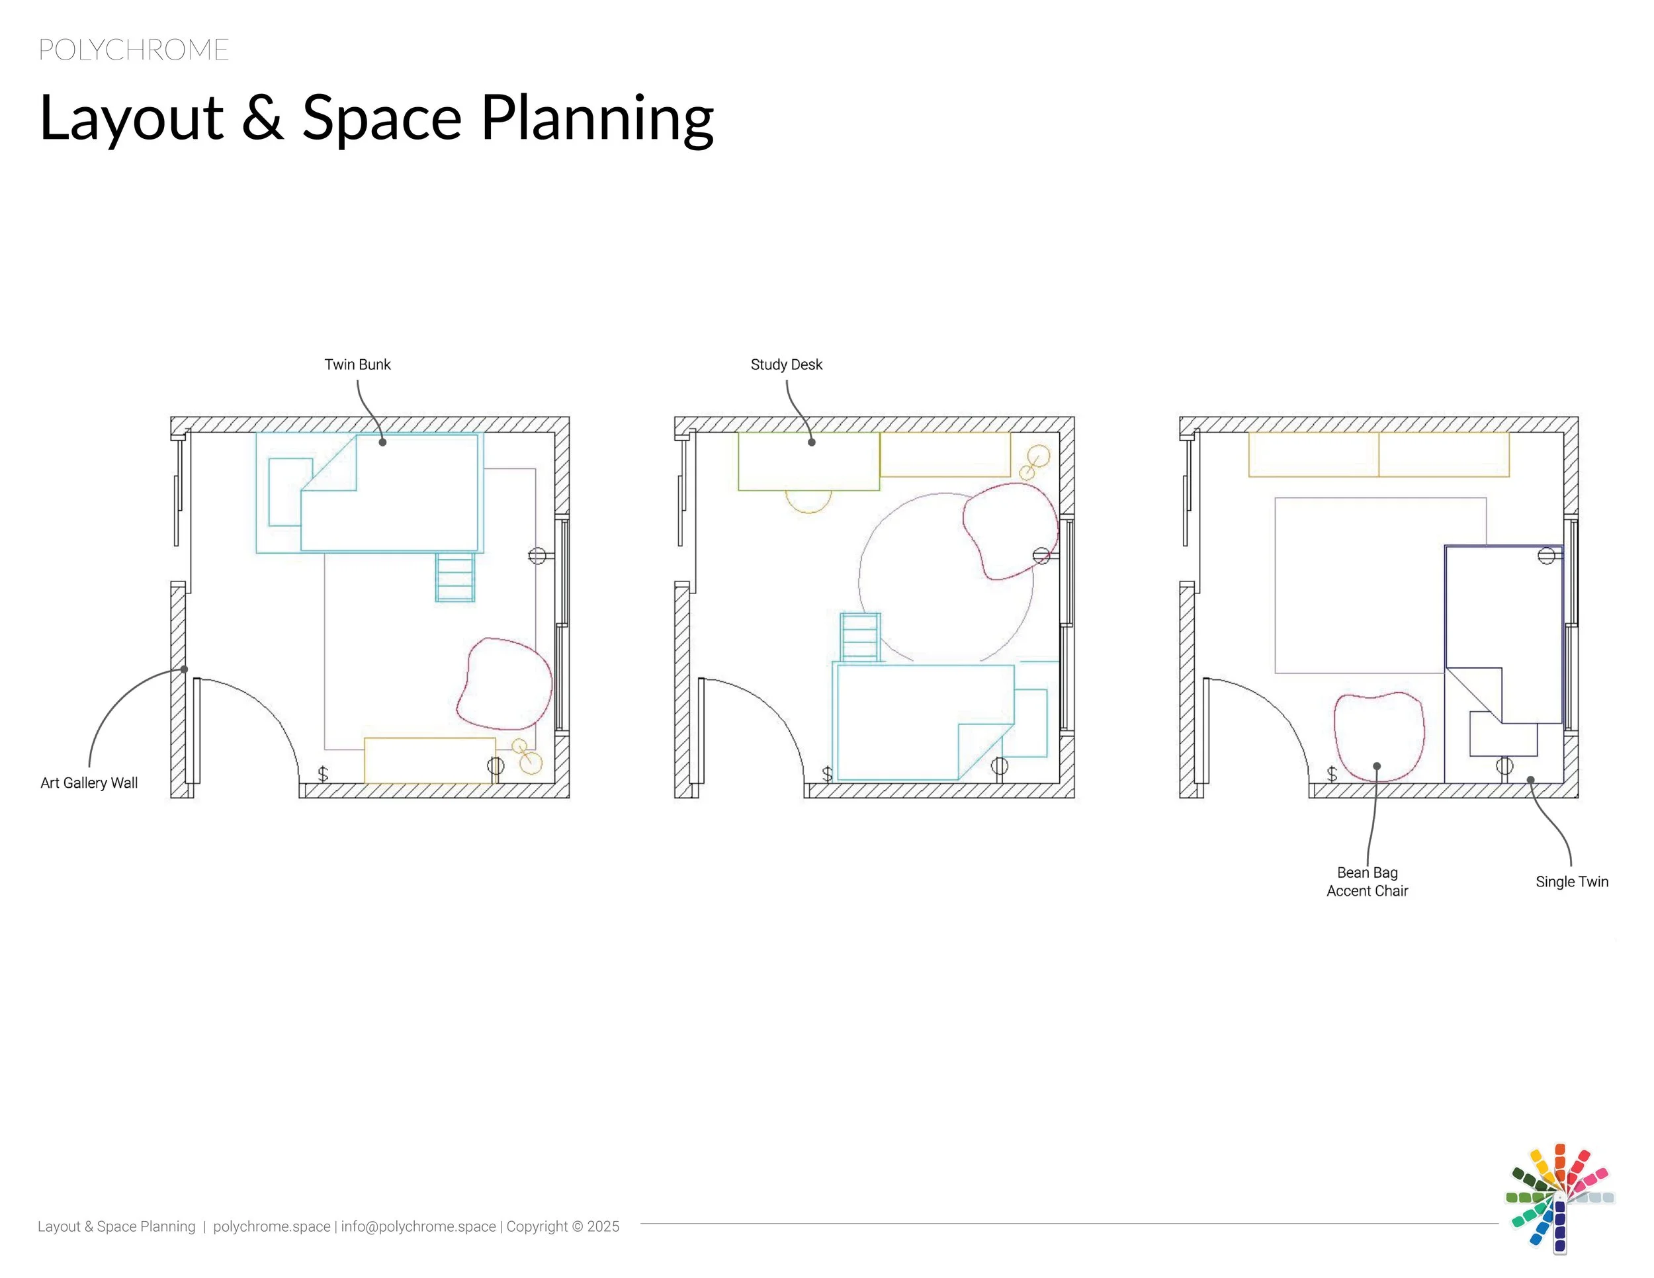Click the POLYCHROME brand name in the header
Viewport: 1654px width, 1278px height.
pos(133,50)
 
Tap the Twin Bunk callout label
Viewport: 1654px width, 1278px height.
pos(357,364)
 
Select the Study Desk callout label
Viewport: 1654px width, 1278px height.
pos(786,364)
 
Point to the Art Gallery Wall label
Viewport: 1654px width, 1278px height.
pos(89,783)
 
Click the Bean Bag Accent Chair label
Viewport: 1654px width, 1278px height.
pos(1367,882)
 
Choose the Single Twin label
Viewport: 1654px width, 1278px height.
pos(1571,881)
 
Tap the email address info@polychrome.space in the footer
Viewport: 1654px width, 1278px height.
pos(418,1226)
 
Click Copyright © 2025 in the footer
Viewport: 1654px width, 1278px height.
pos(563,1226)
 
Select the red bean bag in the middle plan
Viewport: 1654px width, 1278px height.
pos(1010,530)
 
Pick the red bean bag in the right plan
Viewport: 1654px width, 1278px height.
pos(1378,734)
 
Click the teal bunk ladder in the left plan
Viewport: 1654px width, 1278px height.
pos(455,577)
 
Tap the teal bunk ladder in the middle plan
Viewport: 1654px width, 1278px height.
pos(860,637)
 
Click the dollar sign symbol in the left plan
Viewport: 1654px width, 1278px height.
pos(324,774)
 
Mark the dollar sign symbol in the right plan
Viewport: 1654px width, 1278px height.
pos(1332,774)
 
